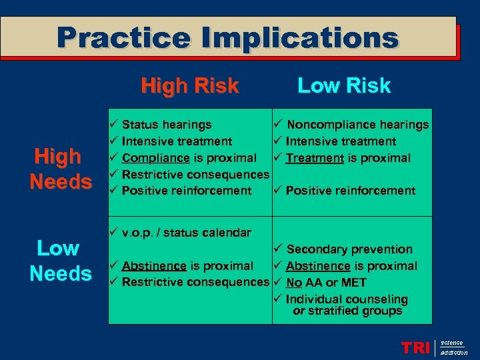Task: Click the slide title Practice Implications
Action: tap(227, 38)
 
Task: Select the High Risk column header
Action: tap(189, 86)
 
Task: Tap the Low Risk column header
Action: tap(343, 86)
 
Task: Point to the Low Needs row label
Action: tap(60, 261)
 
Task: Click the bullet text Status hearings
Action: tap(167, 125)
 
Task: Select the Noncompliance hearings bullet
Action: tap(357, 125)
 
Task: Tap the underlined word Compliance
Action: tap(156, 158)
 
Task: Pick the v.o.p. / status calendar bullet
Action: tap(187, 233)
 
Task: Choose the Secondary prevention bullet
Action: tap(349, 249)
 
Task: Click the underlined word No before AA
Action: tap(294, 283)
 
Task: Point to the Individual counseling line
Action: tap(347, 299)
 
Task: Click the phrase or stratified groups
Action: tap(347, 311)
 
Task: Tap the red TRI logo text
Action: tap(415, 347)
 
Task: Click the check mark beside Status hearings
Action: tap(114, 125)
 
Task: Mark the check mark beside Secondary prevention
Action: tap(278, 249)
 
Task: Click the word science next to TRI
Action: tap(452, 342)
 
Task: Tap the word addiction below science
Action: tap(454, 352)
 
